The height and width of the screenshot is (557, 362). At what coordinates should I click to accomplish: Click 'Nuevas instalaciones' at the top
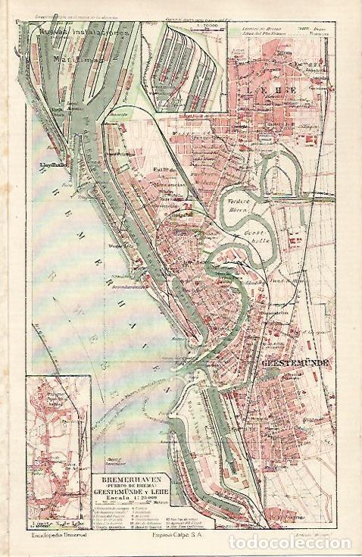75,35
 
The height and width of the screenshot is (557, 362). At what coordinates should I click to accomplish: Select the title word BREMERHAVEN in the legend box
123,480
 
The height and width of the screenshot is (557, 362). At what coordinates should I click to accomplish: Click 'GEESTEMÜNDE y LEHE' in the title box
125,493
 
